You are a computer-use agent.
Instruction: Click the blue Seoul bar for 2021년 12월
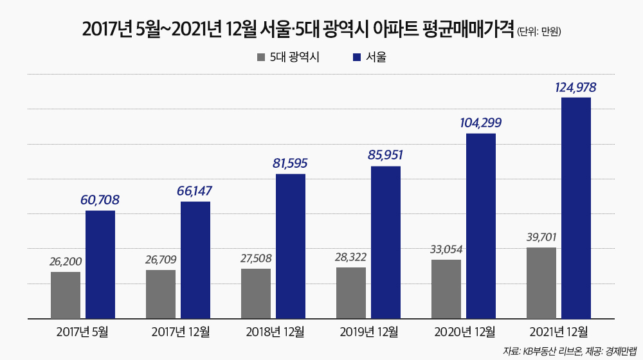(575, 208)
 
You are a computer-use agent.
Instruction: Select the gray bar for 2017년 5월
(66, 295)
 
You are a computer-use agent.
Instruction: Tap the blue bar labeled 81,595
(291, 246)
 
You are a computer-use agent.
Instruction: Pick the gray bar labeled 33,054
(446, 289)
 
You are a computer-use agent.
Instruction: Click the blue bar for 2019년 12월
(386, 242)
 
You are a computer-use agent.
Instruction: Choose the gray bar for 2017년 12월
(161, 294)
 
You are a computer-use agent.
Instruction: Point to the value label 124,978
(575, 87)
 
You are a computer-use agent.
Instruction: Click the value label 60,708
(100, 200)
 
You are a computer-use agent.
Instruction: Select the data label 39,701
(541, 237)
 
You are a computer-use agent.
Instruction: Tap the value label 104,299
(480, 123)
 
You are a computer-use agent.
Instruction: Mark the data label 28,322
(351, 257)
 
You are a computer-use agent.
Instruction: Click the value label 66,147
(195, 191)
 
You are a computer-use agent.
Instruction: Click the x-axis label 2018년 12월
(275, 332)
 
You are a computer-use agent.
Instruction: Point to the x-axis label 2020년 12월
(465, 332)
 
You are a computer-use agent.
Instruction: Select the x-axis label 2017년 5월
(82, 332)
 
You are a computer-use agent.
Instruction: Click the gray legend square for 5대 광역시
(261, 57)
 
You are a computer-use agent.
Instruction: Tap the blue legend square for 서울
(357, 57)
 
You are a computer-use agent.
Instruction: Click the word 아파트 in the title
(392, 29)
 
